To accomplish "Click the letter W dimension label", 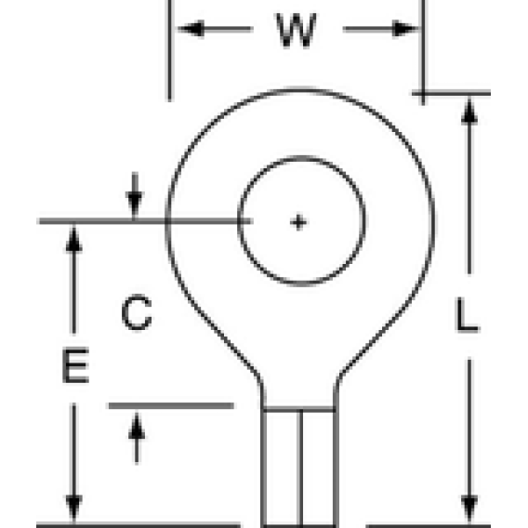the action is [x=297, y=31].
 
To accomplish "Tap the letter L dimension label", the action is [x=467, y=315].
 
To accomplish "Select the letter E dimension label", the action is [x=76, y=365].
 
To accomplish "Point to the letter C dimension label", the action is [x=137, y=312].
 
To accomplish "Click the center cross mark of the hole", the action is [x=298, y=222].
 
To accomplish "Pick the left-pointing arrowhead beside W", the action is [x=191, y=29].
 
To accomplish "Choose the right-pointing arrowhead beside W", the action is [x=405, y=29].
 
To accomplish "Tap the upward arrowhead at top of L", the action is [x=469, y=111].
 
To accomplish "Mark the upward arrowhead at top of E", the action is [x=74, y=238].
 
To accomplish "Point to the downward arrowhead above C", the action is [x=135, y=205].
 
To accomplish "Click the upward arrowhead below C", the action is [x=137, y=427].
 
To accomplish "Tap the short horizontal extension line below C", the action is [x=171, y=406].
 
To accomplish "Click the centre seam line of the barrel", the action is [x=300, y=469].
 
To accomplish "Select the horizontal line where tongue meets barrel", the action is [x=299, y=409].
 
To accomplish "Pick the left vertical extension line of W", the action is [x=169, y=50].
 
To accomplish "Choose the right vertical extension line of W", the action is [x=423, y=52].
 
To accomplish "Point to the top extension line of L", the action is [x=451, y=93].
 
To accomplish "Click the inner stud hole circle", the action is [x=238, y=221].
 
